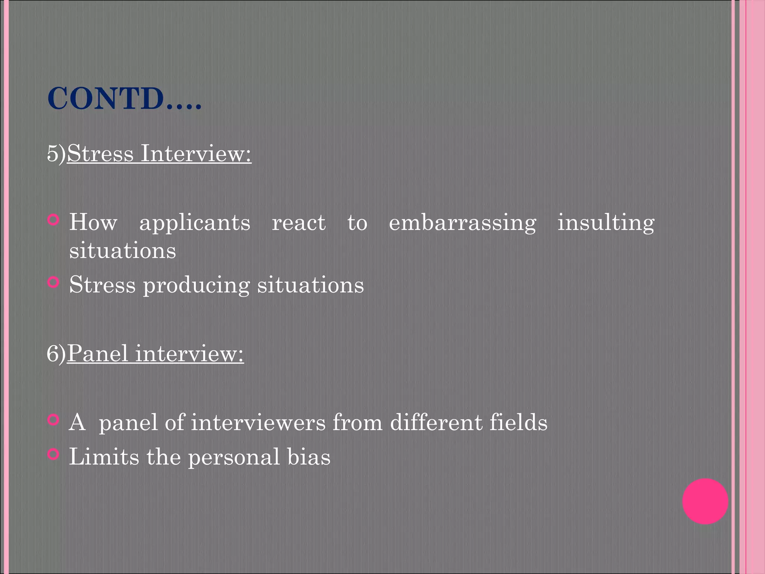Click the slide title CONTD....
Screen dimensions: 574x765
click(124, 99)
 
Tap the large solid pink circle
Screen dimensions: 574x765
click(705, 502)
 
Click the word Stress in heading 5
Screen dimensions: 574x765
click(100, 153)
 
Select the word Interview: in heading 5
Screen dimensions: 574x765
click(196, 153)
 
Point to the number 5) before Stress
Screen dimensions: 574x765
click(56, 153)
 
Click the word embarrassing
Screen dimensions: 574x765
click(462, 223)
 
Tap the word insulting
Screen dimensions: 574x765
click(606, 223)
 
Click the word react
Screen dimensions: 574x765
click(298, 223)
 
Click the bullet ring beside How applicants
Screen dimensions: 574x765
click(54, 220)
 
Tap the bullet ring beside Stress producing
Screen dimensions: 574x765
click(54, 282)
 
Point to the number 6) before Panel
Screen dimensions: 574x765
click(56, 354)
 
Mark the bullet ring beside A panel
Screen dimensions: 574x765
click(54, 420)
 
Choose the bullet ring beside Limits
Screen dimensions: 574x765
click(54, 454)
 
